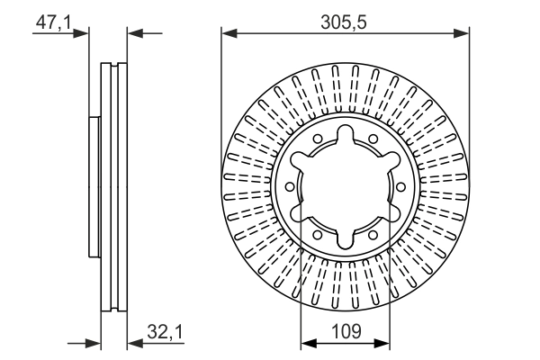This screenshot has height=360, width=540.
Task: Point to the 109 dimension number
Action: point(346,332)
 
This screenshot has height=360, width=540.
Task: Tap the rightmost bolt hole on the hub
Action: point(399,186)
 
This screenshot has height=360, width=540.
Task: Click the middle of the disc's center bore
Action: point(346,186)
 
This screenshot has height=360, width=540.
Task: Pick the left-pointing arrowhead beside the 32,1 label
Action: point(133,343)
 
